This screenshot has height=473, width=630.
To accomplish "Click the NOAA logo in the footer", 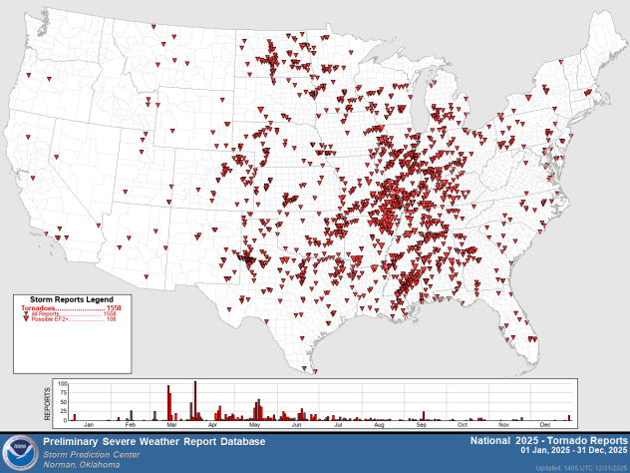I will (20, 452).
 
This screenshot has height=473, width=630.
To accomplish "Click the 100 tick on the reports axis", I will (62, 383).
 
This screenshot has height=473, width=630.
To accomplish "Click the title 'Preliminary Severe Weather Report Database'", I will (154, 440).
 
